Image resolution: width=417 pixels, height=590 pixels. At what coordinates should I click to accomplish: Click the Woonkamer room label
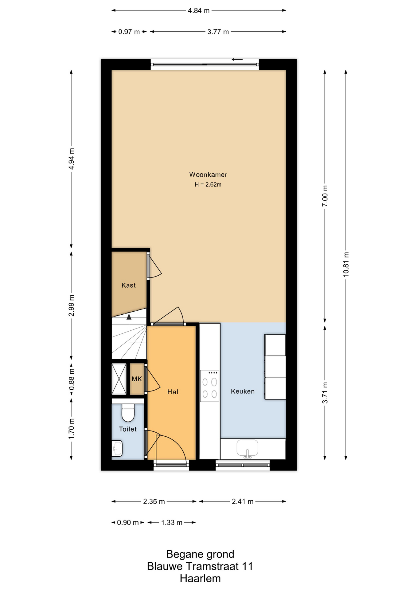pos(208,175)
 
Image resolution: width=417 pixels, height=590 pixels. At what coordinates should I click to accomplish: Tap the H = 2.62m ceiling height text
pos(208,185)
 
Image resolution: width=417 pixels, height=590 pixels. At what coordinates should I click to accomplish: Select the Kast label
pos(128,285)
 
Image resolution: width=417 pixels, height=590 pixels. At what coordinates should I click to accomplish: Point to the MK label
pos(137,379)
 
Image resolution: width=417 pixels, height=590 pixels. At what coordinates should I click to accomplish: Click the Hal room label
pos(173,392)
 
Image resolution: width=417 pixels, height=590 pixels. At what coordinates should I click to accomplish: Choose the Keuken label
pos(243,391)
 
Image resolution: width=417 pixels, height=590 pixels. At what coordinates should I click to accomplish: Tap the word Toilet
pos(128,429)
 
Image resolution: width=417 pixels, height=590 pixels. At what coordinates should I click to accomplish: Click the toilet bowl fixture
pos(128,413)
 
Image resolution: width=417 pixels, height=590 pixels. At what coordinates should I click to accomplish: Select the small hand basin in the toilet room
pos(117,448)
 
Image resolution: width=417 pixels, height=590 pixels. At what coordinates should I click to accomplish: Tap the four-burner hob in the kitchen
pos(210,386)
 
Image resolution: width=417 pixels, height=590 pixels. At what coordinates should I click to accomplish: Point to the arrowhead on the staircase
pos(129,317)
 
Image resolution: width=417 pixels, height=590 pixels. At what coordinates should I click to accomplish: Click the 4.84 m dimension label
pos(199,11)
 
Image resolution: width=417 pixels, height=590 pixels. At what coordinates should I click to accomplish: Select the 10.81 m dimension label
pos(346,265)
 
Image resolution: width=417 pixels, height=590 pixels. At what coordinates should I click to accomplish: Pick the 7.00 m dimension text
pos(325,196)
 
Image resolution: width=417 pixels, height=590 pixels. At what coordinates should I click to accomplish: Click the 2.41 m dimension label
pos(243,502)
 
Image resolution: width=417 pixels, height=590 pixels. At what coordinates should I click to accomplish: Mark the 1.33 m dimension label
pos(172,522)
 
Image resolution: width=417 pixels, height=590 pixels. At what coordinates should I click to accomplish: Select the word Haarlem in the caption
pos(200,578)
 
